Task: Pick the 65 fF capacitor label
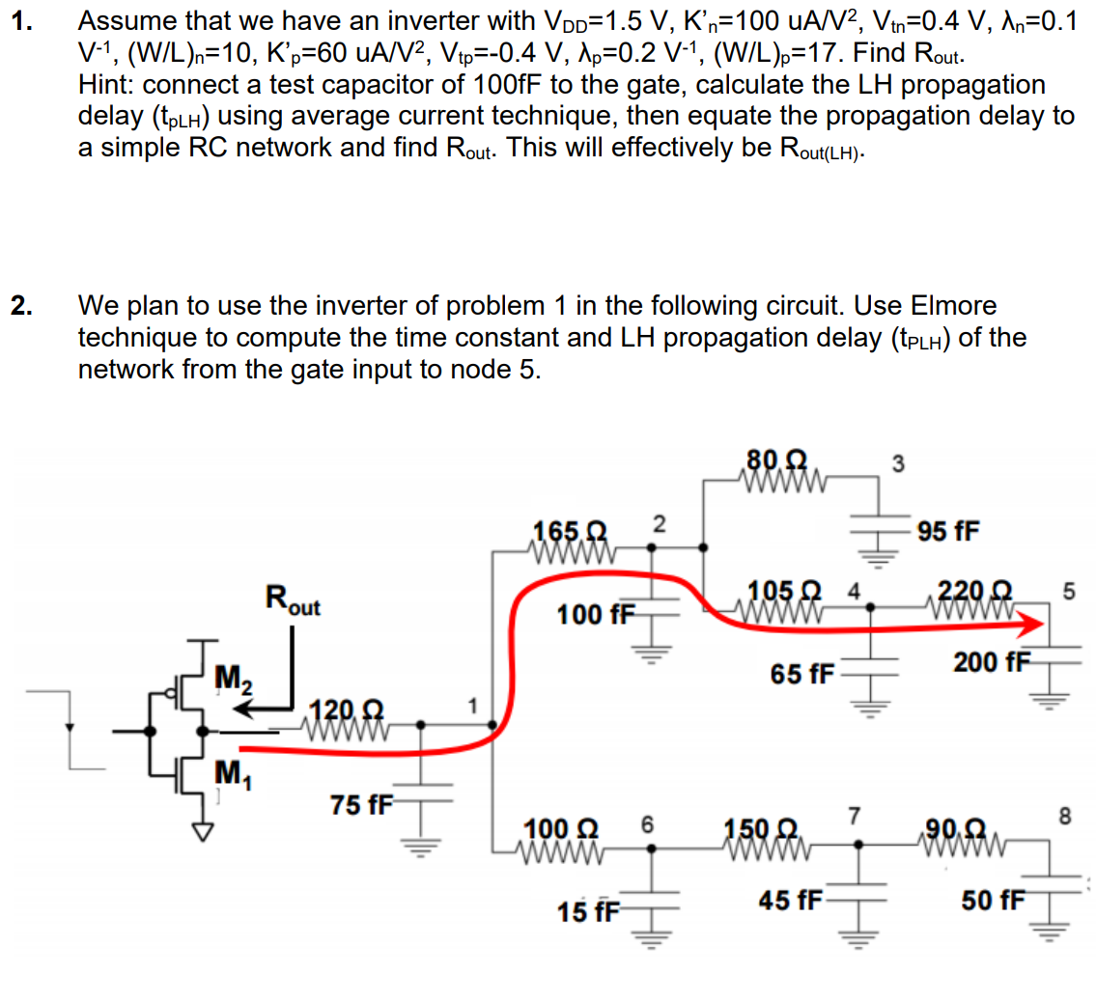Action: [803, 673]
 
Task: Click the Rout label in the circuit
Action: [294, 602]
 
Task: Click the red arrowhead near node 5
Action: [1035, 626]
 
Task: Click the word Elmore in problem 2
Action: [951, 307]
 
